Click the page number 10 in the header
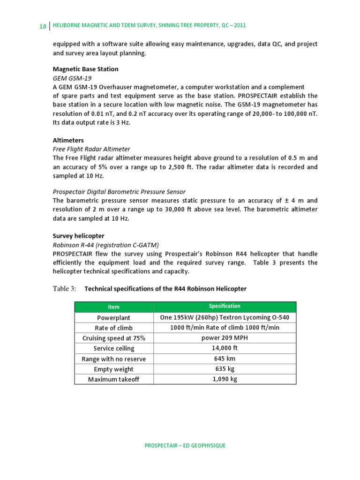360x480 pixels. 42,26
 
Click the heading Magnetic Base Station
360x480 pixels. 85,69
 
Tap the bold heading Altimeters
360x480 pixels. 68,140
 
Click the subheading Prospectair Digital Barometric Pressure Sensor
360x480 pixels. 119,192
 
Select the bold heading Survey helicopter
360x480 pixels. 78,236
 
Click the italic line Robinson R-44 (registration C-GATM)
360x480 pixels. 106,245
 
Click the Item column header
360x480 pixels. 114,307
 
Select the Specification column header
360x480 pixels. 225,306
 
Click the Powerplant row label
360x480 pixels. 114,317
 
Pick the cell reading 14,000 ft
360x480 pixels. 225,348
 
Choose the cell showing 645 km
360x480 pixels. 225,359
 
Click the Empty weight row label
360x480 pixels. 114,369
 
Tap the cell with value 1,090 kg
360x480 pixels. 225,379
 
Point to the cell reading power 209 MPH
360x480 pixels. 225,338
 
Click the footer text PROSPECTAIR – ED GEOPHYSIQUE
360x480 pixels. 185,445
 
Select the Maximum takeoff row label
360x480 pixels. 114,379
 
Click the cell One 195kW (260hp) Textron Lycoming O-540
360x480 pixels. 225,317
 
